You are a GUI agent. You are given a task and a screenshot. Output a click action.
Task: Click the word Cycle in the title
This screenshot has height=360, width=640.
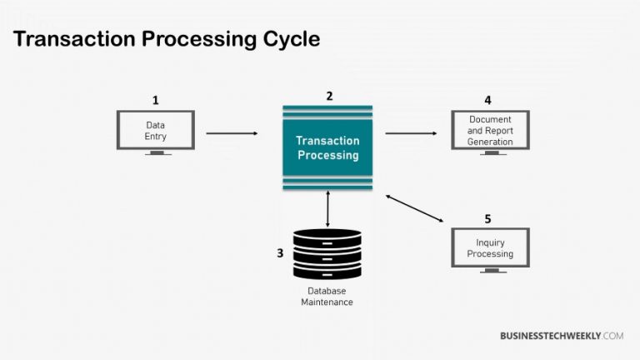point(280,40)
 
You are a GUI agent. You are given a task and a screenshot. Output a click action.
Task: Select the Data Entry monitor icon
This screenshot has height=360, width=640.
point(156,130)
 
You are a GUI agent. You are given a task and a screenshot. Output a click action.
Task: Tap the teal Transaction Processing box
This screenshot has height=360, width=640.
point(327,147)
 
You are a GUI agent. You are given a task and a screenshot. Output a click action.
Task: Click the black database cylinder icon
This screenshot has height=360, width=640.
point(327,254)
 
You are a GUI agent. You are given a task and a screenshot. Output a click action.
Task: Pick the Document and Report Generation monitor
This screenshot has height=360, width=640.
point(490,130)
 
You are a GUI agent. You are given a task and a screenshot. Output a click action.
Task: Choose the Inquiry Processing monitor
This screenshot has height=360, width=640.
point(490,247)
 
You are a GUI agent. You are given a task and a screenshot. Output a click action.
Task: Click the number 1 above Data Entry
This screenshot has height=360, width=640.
point(155,100)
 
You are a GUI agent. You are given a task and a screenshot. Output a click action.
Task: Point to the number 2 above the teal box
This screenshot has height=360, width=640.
point(329,96)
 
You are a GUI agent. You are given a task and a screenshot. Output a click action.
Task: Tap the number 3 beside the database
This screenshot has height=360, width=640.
point(280,252)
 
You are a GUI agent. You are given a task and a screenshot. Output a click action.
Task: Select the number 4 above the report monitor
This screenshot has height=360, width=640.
point(488,100)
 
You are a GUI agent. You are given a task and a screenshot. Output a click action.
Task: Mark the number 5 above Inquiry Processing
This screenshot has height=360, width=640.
point(488,218)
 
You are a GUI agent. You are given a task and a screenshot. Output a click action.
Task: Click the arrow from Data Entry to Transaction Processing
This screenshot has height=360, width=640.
point(232,132)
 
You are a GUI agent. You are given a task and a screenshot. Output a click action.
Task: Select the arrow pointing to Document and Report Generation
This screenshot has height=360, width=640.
point(411,132)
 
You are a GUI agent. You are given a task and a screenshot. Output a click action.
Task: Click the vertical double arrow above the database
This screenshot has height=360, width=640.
point(327,209)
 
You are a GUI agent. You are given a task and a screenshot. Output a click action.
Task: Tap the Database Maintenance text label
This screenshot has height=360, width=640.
point(327,297)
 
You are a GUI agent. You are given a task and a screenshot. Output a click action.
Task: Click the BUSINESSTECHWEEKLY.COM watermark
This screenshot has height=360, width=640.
point(561,336)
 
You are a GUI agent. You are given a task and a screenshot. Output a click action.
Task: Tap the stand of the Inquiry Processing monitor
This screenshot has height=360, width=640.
point(490,270)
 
